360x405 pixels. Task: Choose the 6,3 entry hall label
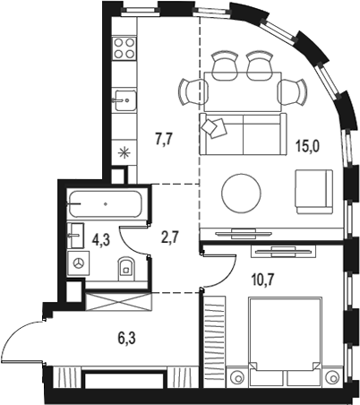coord(128,339)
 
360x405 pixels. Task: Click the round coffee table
coord(243,190)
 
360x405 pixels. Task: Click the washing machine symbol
coord(79,263)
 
